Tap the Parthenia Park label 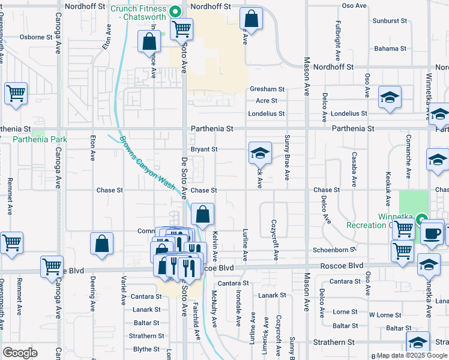tap(40, 140)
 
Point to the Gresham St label tap(267, 89)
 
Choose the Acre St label tap(267, 101)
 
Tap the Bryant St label tap(203, 149)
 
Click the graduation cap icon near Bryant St tap(260, 154)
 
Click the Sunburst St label tap(390, 20)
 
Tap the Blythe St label tap(146, 349)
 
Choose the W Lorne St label tap(385, 315)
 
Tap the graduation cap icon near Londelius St tap(390, 97)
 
